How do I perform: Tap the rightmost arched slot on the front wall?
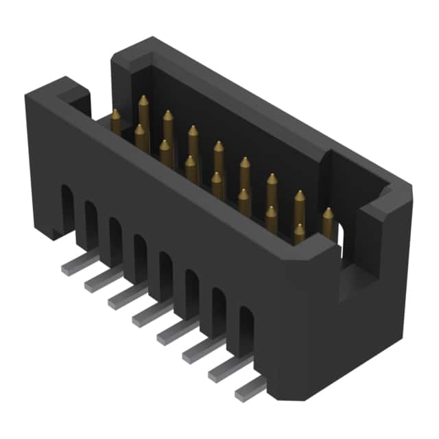pyautogui.click(x=245, y=334)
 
